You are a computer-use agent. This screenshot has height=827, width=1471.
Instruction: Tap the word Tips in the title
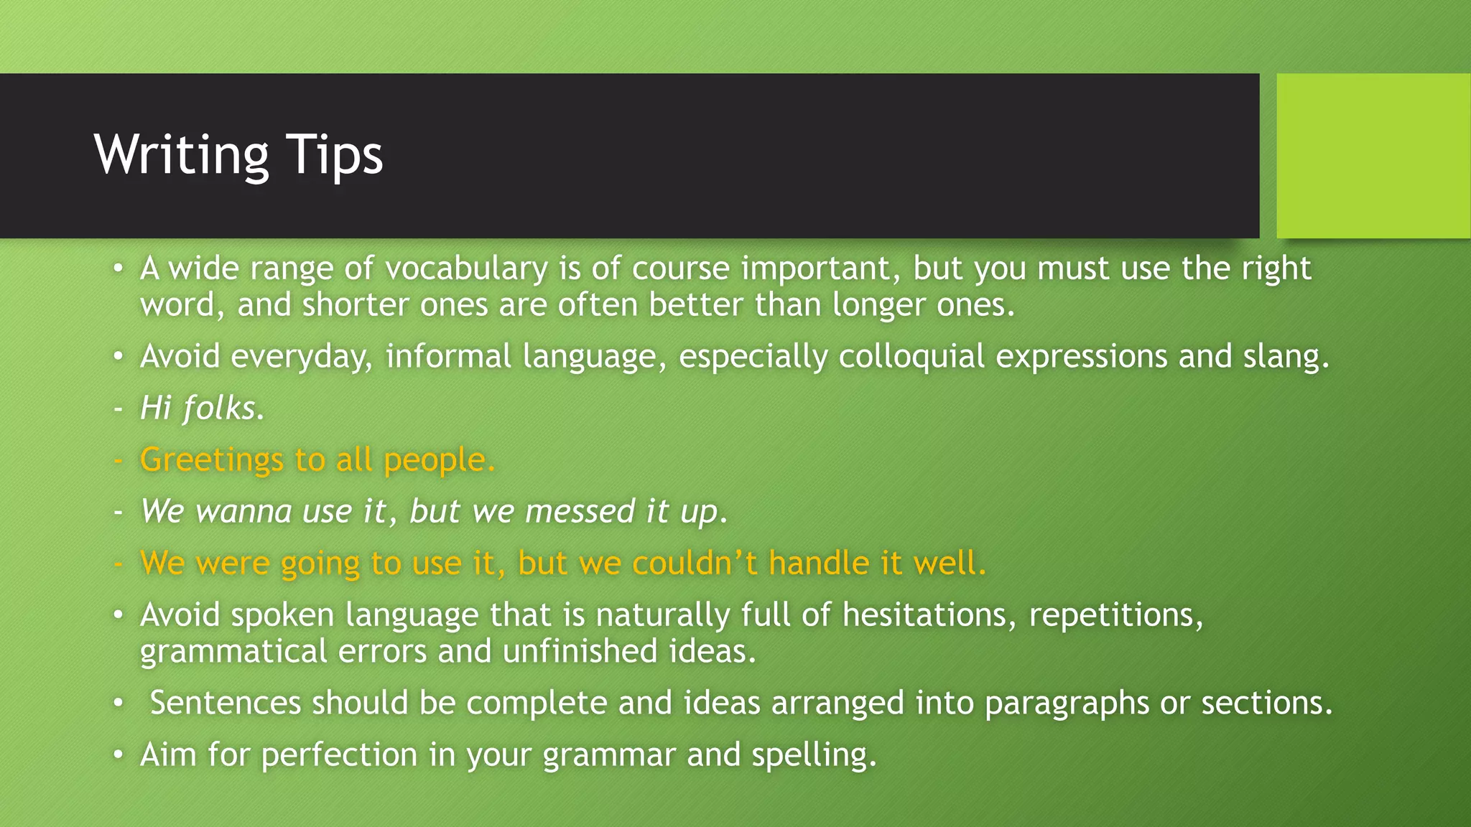[335, 156]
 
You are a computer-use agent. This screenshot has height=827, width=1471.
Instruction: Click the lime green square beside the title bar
[1373, 156]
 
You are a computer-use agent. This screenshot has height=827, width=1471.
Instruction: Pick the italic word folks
[223, 408]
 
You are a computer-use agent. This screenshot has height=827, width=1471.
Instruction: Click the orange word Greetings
[212, 460]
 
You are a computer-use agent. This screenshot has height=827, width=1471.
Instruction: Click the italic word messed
[580, 512]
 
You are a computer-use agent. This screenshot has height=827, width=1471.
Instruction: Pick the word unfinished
[580, 652]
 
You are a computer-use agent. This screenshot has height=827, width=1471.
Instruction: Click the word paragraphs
[1067, 703]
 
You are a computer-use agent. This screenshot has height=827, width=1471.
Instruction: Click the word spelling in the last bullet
[813, 755]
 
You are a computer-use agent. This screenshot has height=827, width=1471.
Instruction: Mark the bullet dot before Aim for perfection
[119, 755]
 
